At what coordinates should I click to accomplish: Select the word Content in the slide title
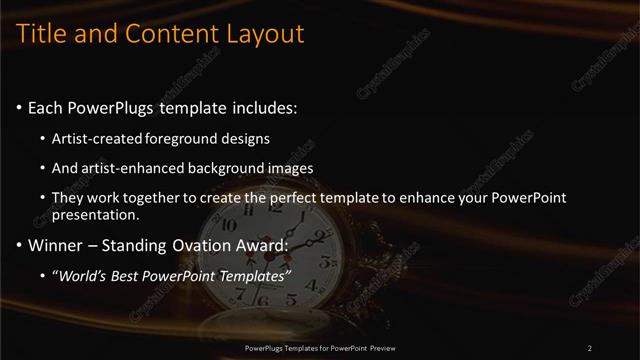pos(163,34)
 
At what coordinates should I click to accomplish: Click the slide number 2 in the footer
pos(590,348)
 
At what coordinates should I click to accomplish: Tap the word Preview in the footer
pos(381,348)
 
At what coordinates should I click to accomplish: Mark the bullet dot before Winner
pos(20,246)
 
